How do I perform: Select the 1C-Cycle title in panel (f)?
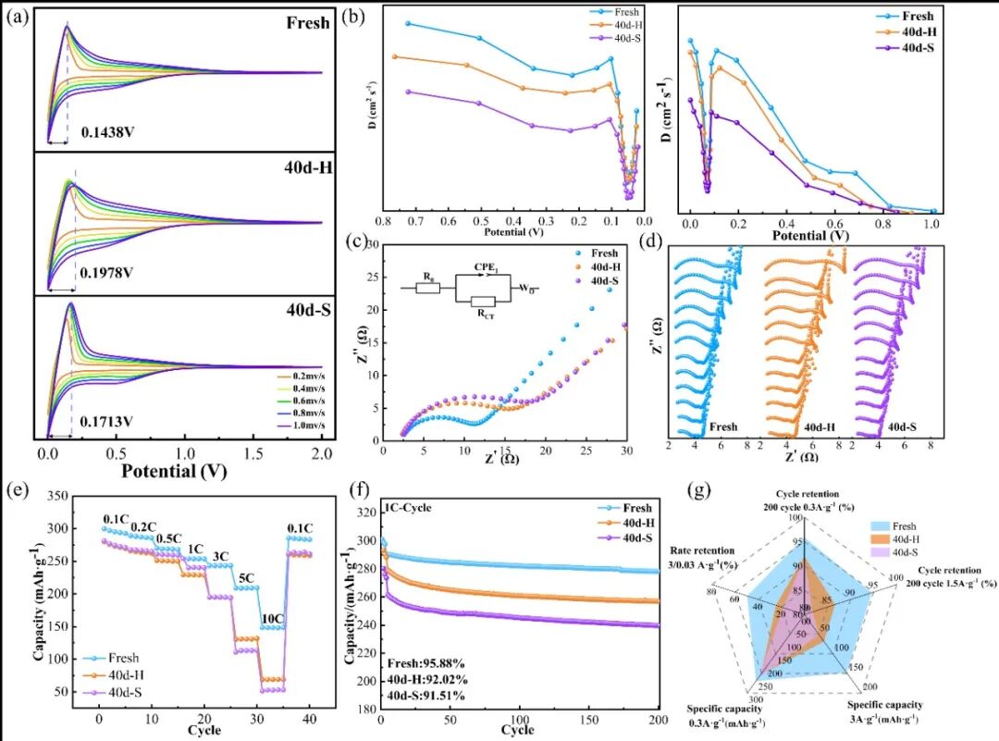(x=411, y=508)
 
